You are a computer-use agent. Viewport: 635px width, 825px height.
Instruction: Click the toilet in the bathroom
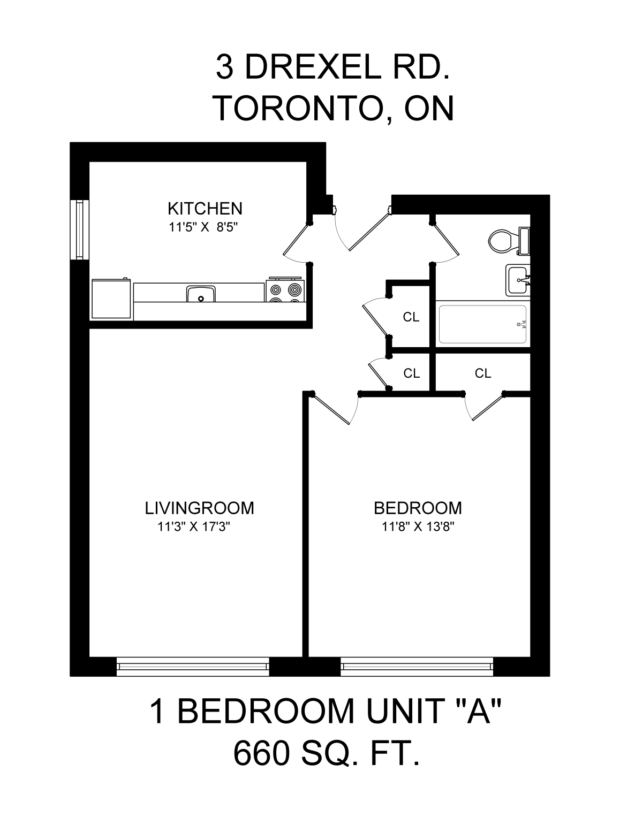point(509,241)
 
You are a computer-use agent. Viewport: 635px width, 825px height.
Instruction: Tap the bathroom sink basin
point(518,280)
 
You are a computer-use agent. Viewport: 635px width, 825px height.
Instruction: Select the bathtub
point(483,324)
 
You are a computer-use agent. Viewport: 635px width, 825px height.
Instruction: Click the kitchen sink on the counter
point(201,294)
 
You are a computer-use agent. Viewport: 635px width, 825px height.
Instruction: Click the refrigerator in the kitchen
point(111,299)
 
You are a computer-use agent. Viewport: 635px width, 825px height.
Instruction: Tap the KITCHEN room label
point(205,209)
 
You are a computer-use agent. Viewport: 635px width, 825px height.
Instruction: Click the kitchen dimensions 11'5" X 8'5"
point(203,227)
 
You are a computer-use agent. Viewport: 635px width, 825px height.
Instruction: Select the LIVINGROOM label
point(199,508)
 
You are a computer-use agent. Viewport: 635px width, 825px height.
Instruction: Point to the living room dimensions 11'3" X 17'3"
point(194,527)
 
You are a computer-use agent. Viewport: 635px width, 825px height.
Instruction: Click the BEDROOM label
point(418,508)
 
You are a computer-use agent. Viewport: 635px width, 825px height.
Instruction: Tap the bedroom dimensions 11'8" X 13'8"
point(418,527)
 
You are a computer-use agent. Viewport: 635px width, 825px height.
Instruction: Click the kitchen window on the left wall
point(79,230)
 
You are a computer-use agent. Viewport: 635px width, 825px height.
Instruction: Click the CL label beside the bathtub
point(411,317)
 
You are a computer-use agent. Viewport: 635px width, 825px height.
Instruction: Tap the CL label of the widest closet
point(483,373)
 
